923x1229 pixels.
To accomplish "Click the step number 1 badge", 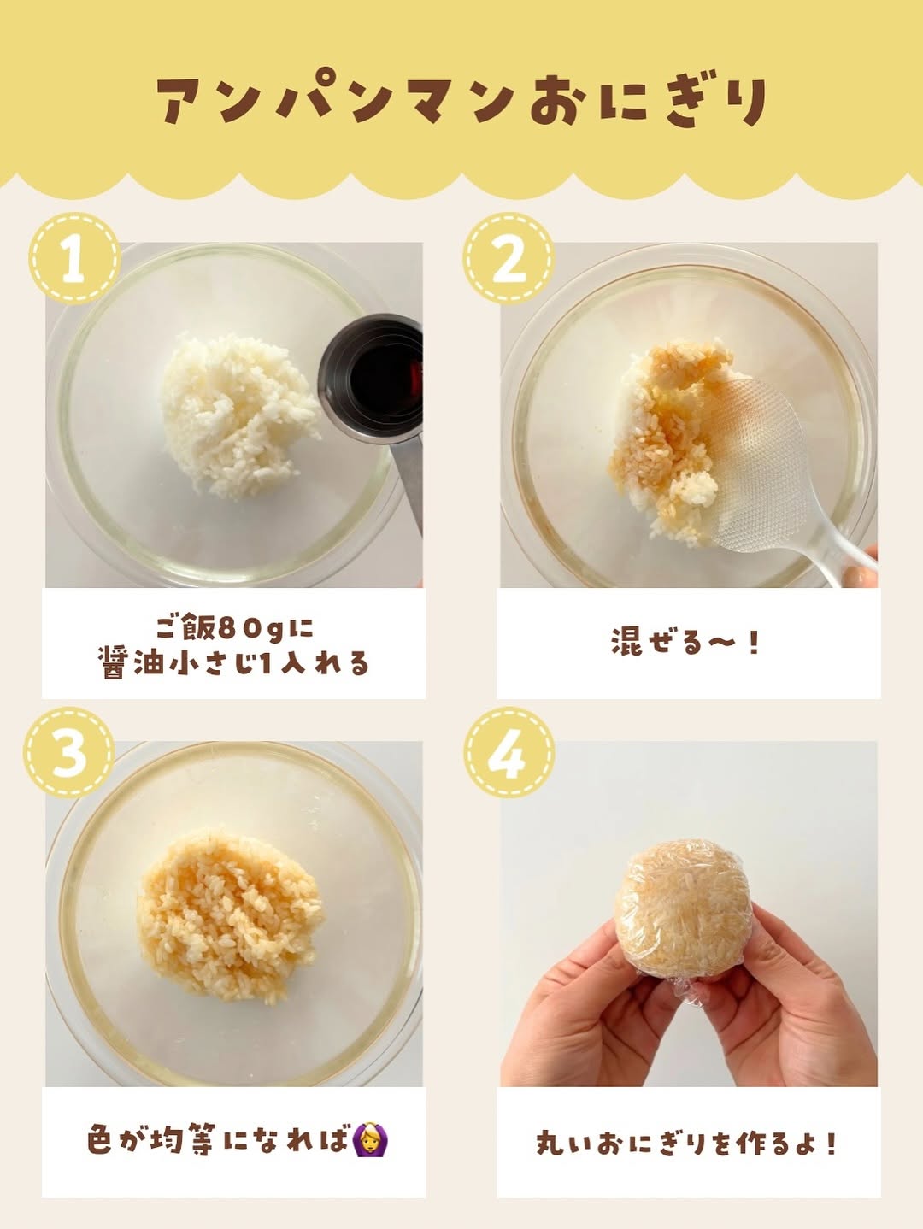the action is (x=75, y=259).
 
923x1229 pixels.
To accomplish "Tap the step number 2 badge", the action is (x=509, y=259).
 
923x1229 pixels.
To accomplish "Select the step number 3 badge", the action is (x=69, y=753).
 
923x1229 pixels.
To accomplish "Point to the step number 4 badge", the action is (x=509, y=753).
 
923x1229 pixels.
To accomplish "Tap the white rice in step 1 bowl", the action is (x=241, y=415).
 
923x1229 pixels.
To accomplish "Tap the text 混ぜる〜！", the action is (x=685, y=642).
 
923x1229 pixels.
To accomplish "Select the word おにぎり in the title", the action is (x=648, y=102).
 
